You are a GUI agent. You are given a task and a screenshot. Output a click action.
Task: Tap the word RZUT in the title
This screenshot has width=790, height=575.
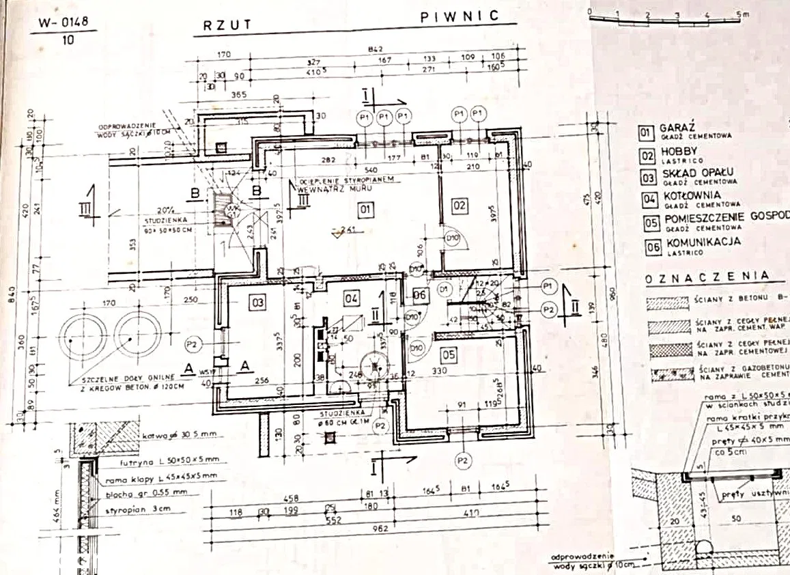[x=227, y=25]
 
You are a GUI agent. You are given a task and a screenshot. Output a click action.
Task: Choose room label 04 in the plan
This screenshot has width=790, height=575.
[x=351, y=298]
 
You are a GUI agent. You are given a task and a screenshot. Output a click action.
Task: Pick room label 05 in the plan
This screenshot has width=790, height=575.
[x=448, y=354]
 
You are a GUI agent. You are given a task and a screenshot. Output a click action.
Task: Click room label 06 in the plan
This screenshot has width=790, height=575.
[x=421, y=294]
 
